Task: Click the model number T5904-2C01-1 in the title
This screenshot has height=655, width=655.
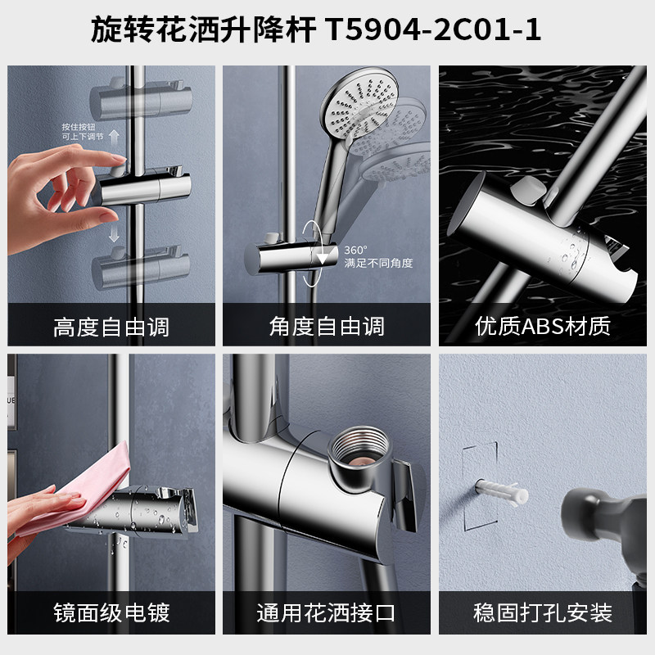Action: (433, 30)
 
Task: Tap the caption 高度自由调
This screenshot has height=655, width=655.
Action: (111, 327)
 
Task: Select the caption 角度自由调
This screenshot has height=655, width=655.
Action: (327, 327)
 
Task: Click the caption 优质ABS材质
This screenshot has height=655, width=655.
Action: (543, 327)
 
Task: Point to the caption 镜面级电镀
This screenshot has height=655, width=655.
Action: (111, 612)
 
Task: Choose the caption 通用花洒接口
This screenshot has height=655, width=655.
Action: (327, 612)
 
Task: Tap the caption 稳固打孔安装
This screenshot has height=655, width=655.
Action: (543, 612)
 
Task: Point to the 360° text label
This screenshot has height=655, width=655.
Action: (355, 250)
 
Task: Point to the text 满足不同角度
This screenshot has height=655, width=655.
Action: (378, 263)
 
